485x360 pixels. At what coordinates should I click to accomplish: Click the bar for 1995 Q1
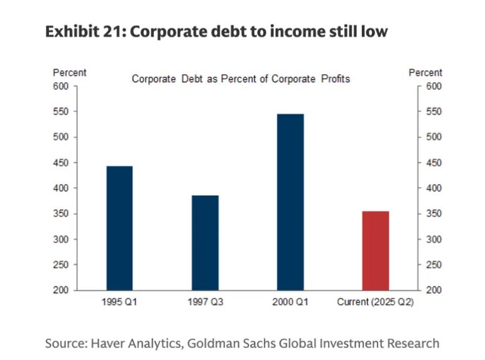pos(119,227)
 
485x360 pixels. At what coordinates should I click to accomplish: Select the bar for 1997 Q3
pos(205,243)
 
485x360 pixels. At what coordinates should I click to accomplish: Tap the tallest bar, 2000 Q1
pos(290,202)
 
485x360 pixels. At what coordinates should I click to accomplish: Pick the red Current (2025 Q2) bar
pos(376,250)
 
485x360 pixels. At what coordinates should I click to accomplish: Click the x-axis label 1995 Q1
pos(119,302)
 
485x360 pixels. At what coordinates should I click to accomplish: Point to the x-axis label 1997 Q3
pos(205,302)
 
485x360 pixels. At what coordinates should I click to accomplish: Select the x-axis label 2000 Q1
pos(290,302)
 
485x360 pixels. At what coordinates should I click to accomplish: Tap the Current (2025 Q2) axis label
pos(376,302)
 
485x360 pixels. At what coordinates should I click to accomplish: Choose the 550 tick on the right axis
pos(434,112)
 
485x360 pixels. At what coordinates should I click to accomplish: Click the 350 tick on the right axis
pos(434,214)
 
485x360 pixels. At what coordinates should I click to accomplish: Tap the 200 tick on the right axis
pos(434,290)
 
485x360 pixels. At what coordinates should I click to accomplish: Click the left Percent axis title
pos(70,73)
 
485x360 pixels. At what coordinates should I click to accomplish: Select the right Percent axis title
pos(425,73)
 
